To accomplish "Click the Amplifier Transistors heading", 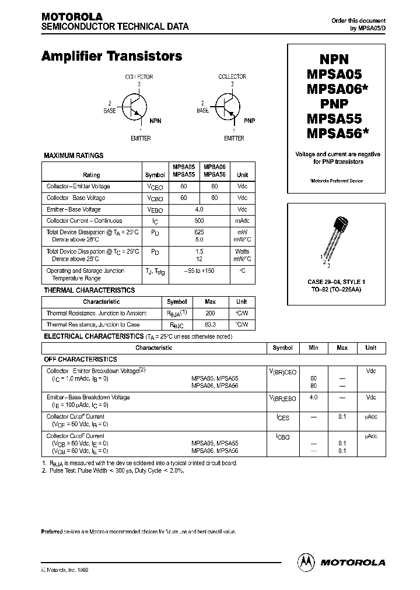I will [112, 57].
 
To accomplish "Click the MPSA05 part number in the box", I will [334, 74].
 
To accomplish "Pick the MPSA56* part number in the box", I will [338, 134].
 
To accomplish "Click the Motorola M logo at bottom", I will [306, 562].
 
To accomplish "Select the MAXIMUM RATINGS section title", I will [73, 156].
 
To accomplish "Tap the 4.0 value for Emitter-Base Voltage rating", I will [199, 209].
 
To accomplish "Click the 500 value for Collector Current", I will [199, 221].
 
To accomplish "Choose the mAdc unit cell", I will [242, 221].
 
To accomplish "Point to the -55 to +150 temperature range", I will [199, 271].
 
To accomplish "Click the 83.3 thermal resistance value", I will [211, 325].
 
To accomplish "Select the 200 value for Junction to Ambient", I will [211, 313].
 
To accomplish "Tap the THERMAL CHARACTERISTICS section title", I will [89, 290].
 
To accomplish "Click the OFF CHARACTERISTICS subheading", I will [80, 360].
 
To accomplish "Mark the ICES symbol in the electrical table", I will [282, 417].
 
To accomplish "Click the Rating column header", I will [92, 175].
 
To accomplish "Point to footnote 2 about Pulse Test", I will [113, 470].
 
